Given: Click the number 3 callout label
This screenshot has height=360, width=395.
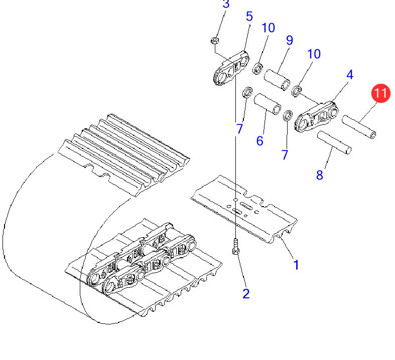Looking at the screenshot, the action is [226, 4].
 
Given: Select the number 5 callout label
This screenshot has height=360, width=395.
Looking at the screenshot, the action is [249, 17].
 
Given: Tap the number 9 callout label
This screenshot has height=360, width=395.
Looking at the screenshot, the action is [290, 40].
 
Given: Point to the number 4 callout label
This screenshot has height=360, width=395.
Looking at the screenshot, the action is [350, 75].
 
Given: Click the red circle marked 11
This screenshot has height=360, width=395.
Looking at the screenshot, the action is [380, 93].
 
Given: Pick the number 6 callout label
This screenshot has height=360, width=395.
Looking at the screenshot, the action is [259, 141].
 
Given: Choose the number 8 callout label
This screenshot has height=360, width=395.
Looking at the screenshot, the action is [319, 175].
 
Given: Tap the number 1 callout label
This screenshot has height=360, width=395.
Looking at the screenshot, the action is [296, 265].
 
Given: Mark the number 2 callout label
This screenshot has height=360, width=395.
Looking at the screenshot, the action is [246, 294].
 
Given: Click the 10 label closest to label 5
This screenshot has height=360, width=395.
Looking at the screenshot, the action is [268, 28].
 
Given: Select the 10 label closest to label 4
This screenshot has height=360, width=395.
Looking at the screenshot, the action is [314, 54].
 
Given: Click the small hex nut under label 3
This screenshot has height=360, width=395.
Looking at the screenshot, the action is [215, 40].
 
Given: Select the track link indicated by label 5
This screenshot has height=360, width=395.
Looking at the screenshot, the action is [231, 68].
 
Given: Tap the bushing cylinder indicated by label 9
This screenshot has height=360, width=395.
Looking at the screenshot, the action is [277, 80].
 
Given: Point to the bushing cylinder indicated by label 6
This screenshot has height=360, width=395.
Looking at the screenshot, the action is [268, 104].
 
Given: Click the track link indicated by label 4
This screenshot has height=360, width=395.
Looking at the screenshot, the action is [316, 116].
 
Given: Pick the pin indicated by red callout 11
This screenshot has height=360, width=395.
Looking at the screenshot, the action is [359, 126].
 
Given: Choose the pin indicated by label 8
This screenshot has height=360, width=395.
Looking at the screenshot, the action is [334, 142].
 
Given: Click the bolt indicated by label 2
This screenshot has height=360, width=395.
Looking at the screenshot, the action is [235, 247].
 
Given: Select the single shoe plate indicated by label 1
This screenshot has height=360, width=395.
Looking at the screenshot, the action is [244, 209].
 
